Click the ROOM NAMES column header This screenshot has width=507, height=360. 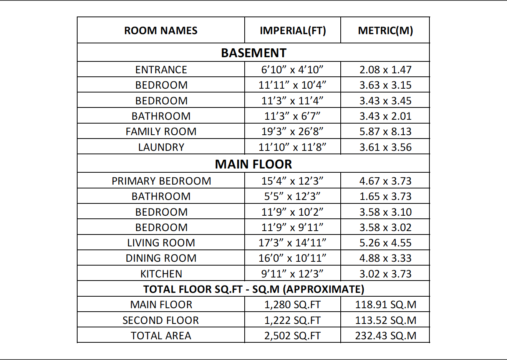pyautogui.click(x=161, y=31)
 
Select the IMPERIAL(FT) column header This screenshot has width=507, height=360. pyautogui.click(x=293, y=31)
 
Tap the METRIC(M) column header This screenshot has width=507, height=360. pyautogui.click(x=385, y=31)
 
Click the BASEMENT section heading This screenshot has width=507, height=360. pyautogui.click(x=253, y=53)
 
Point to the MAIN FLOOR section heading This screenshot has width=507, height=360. pyautogui.click(x=253, y=164)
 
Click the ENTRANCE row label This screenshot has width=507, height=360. pyautogui.click(x=161, y=70)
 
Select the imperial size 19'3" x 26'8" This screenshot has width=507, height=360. pyautogui.click(x=292, y=132)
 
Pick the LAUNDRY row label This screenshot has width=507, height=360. pyautogui.click(x=161, y=147)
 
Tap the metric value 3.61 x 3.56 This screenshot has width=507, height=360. pyautogui.click(x=385, y=147)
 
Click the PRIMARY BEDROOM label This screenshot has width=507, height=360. pyautogui.click(x=161, y=181)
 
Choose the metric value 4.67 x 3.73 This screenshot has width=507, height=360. pyautogui.click(x=385, y=181)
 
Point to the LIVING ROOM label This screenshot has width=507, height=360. pyautogui.click(x=161, y=243)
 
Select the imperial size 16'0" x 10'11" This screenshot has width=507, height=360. pyautogui.click(x=292, y=258)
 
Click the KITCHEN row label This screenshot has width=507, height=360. pyautogui.click(x=161, y=274)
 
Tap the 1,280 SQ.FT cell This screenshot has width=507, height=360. pyautogui.click(x=292, y=305)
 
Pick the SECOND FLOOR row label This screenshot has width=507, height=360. pyautogui.click(x=161, y=320)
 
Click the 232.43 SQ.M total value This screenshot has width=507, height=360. pyautogui.click(x=385, y=336)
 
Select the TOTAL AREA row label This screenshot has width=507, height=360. pyautogui.click(x=161, y=336)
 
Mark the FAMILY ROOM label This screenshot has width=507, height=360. pyautogui.click(x=161, y=132)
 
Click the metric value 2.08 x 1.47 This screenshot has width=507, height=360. pyautogui.click(x=385, y=70)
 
